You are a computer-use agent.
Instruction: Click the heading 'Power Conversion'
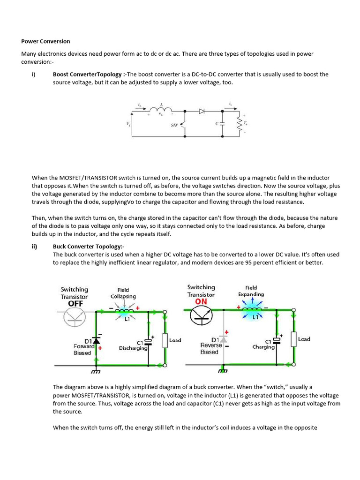(x=45, y=41)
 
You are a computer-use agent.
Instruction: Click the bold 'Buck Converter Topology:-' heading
(x=89, y=247)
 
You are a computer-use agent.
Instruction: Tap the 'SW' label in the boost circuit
(x=174, y=125)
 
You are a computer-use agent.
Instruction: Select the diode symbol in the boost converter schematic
(x=202, y=112)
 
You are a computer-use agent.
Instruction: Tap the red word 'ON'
(x=201, y=301)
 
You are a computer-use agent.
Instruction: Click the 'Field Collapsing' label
(x=123, y=293)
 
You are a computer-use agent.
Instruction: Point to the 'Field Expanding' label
(x=251, y=291)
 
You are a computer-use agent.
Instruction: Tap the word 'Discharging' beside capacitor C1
(x=133, y=348)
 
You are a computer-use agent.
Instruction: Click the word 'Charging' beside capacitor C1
(x=263, y=347)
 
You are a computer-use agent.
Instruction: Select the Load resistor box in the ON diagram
(x=293, y=339)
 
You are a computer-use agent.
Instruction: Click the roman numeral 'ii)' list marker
(x=35, y=247)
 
